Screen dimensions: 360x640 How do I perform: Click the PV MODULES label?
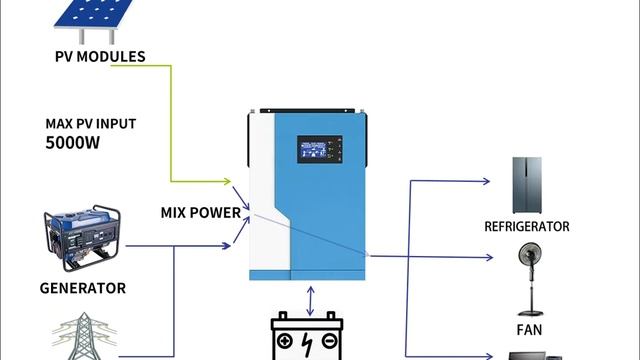click(x=100, y=56)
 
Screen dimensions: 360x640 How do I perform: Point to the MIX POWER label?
click(x=200, y=212)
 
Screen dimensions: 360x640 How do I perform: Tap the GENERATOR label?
click(x=82, y=288)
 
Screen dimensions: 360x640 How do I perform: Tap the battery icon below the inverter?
click(x=309, y=338)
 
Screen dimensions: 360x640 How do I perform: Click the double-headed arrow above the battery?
click(x=312, y=300)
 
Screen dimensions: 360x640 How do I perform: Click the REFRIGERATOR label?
click(x=526, y=227)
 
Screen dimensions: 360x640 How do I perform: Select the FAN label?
click(x=529, y=328)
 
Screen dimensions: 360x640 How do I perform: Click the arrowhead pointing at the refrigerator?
click(x=486, y=181)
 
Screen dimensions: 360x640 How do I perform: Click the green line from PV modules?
click(x=172, y=120)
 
